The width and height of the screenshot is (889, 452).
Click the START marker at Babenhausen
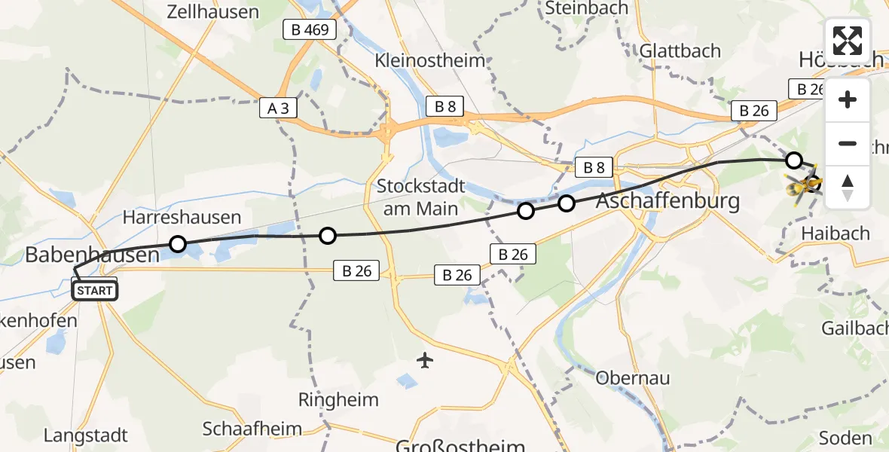94,290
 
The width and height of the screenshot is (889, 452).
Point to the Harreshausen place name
182,218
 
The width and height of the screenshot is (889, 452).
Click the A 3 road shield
278,108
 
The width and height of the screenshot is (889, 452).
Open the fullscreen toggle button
848,40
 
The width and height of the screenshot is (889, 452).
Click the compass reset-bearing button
848,188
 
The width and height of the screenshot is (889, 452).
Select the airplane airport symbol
426,360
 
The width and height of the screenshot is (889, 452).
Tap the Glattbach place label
680,50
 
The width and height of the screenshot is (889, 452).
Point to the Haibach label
836,234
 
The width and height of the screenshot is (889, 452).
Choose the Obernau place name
633,378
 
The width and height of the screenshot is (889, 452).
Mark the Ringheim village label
338,399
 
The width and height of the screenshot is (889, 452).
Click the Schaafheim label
252,429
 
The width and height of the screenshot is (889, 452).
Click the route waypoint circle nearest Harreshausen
178,244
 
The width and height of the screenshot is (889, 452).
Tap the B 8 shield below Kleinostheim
444,106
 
